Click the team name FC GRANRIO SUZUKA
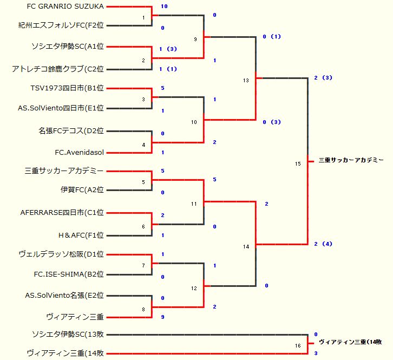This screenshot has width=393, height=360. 65,6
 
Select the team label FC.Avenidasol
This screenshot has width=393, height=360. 79,153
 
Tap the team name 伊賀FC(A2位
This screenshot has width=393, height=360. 82,190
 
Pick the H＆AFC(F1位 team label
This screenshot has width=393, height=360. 81,235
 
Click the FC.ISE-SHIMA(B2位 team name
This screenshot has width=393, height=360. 69,274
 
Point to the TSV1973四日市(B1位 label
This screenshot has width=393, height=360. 67,88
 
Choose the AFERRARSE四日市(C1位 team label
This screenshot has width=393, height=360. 62,213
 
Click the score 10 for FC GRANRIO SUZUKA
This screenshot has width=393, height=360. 164,6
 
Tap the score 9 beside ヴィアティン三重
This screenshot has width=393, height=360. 162,317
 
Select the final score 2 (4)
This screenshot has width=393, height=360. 323,244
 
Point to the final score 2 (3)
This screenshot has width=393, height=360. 323,78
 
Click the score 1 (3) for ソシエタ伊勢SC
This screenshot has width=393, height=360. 168,49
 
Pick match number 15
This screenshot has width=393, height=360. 298,163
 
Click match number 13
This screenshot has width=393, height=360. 246,80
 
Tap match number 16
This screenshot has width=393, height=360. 298,346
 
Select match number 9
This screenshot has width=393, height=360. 195,39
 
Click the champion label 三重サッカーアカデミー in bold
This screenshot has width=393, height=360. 351,160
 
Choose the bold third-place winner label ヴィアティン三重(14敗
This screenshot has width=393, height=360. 350,342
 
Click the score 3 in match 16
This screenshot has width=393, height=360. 316,353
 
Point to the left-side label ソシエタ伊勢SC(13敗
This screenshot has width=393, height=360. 68,334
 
